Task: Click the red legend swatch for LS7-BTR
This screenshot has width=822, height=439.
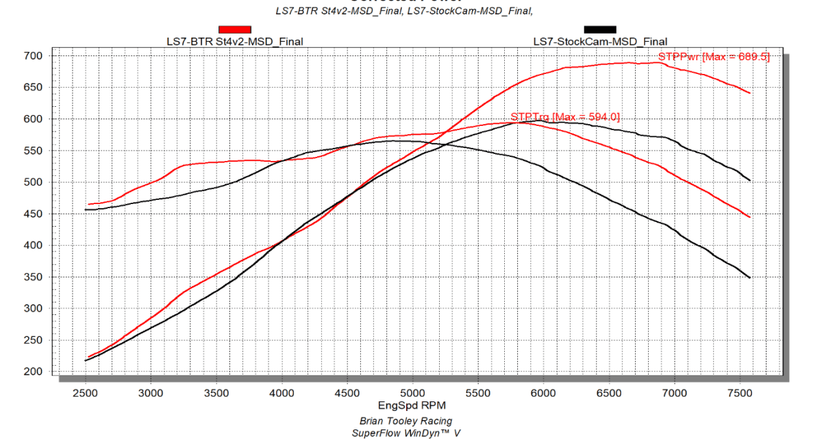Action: pos(234,29)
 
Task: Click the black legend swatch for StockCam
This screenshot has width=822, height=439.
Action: pos(599,29)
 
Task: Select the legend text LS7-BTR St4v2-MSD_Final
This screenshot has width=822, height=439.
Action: pos(234,42)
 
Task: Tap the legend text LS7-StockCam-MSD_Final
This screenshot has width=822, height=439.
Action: pos(599,42)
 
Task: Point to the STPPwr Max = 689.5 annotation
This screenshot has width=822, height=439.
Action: pos(714,57)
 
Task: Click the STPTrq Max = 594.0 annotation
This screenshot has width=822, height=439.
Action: pos(565,117)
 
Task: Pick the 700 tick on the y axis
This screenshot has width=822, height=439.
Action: pos(34,56)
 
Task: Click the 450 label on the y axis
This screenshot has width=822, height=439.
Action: pos(34,214)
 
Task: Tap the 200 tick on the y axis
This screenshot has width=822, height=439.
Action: pos(34,372)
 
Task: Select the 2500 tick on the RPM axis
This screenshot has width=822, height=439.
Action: pos(86,393)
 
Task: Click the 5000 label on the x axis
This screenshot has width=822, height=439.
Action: pos(412,393)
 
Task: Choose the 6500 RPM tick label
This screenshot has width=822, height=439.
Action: pos(609,393)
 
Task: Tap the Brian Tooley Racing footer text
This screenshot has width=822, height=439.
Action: pos(406,421)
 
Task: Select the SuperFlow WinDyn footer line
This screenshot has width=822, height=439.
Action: pos(406,433)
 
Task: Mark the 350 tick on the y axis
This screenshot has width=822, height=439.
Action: pos(34,277)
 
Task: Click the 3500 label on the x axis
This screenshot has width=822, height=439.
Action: pos(216,393)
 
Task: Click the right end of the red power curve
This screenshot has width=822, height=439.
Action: pos(751,93)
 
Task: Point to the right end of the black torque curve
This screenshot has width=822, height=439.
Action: pos(751,277)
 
